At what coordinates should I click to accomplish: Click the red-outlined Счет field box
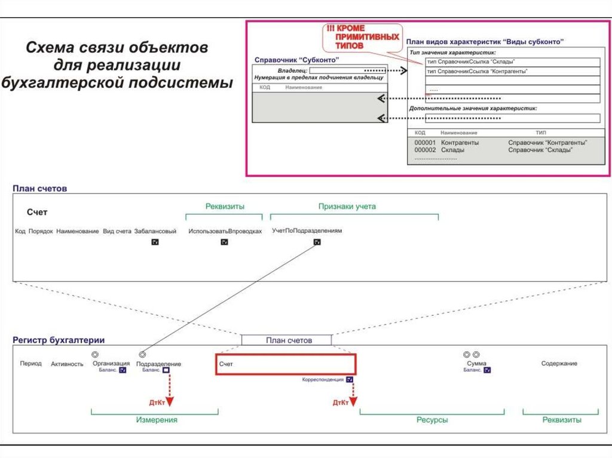pyautogui.click(x=286, y=364)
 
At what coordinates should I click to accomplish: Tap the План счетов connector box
pyautogui.click(x=286, y=340)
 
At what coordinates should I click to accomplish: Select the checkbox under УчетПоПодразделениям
pyautogui.click(x=317, y=242)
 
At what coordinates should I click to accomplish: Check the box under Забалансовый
pyautogui.click(x=155, y=242)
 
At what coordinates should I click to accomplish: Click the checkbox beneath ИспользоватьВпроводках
pyautogui.click(x=224, y=242)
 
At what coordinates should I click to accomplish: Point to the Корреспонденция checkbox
pyautogui.click(x=350, y=379)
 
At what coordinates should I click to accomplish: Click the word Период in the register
pyautogui.click(x=30, y=363)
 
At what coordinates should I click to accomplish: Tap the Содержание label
pyautogui.click(x=559, y=363)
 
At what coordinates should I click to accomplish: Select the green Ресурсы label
pyautogui.click(x=432, y=420)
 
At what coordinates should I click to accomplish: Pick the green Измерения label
pyautogui.click(x=157, y=420)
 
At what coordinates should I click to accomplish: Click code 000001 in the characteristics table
pyautogui.click(x=425, y=143)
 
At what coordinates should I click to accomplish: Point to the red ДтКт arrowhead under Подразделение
pyautogui.click(x=169, y=402)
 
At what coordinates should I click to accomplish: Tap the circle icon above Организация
pyautogui.click(x=95, y=355)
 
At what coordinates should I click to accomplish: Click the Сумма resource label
pyautogui.click(x=476, y=363)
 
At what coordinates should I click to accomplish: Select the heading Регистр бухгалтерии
pyautogui.click(x=59, y=340)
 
